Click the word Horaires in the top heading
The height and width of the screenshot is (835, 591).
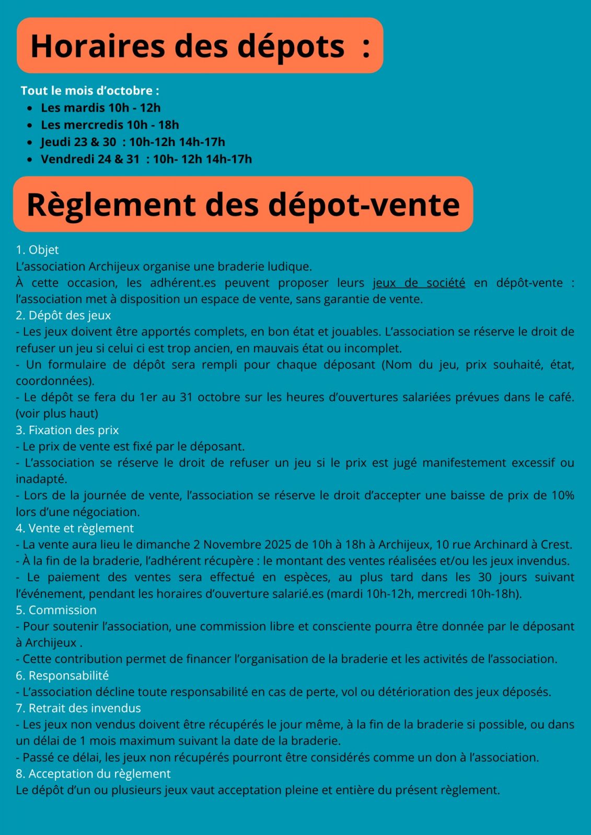98,46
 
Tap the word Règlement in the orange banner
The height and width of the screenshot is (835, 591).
111,204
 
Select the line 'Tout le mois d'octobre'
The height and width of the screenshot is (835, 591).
90,91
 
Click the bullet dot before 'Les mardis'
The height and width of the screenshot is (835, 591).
30,108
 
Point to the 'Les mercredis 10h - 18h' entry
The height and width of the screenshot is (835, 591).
110,125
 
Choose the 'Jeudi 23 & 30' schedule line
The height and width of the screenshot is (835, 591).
133,142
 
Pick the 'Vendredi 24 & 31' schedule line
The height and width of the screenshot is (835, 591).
146,159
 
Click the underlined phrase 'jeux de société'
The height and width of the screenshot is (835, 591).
419,283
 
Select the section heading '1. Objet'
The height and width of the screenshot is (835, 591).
37,250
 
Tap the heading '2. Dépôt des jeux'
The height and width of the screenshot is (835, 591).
63,315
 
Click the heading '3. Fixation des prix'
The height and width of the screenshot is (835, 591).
67,430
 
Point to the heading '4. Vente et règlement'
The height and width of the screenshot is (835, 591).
75,528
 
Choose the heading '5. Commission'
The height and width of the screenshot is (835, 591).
56,610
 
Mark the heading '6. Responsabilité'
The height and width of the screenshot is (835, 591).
62,675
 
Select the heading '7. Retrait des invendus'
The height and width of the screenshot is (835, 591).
78,708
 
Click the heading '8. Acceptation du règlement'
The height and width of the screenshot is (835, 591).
93,773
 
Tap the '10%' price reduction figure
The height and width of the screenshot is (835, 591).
563,495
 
